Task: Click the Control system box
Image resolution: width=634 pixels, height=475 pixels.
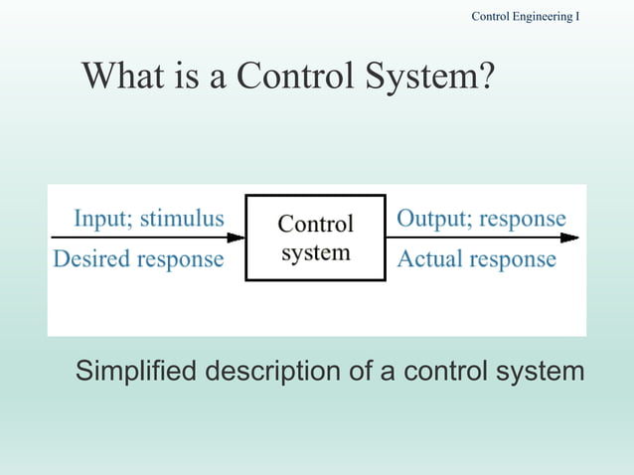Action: click(315, 237)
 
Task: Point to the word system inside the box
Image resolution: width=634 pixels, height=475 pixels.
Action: click(315, 252)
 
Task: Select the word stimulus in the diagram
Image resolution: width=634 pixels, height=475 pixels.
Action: click(181, 218)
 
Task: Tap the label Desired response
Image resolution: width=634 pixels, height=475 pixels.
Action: click(138, 259)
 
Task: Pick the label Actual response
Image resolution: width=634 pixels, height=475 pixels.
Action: click(476, 259)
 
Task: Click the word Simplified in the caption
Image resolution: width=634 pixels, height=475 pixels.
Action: click(136, 373)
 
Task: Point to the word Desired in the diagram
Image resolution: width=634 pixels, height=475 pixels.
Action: click(90, 259)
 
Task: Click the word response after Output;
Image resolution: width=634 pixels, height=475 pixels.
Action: click(521, 218)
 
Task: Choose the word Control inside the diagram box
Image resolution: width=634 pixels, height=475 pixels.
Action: click(315, 224)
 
